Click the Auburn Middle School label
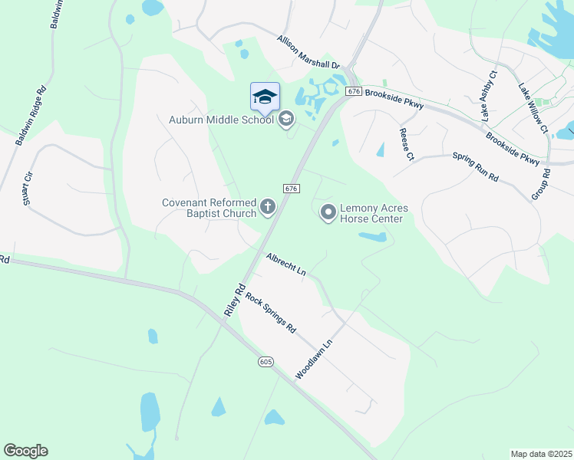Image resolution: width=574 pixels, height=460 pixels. [221, 119]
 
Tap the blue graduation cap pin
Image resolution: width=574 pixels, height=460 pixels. [265, 97]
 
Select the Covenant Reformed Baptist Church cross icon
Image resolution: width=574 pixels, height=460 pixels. [268, 205]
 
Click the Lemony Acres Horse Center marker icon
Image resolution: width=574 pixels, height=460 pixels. [328, 212]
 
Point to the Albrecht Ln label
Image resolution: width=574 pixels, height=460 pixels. [286, 264]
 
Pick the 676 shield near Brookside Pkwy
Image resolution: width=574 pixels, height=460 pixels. [353, 91]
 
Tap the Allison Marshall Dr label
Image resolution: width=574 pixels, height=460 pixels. [308, 53]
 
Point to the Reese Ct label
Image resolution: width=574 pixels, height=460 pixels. [406, 144]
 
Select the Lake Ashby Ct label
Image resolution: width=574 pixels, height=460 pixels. [489, 96]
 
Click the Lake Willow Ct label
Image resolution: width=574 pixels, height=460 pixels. [533, 108]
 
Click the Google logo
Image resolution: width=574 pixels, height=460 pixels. [25, 451]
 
